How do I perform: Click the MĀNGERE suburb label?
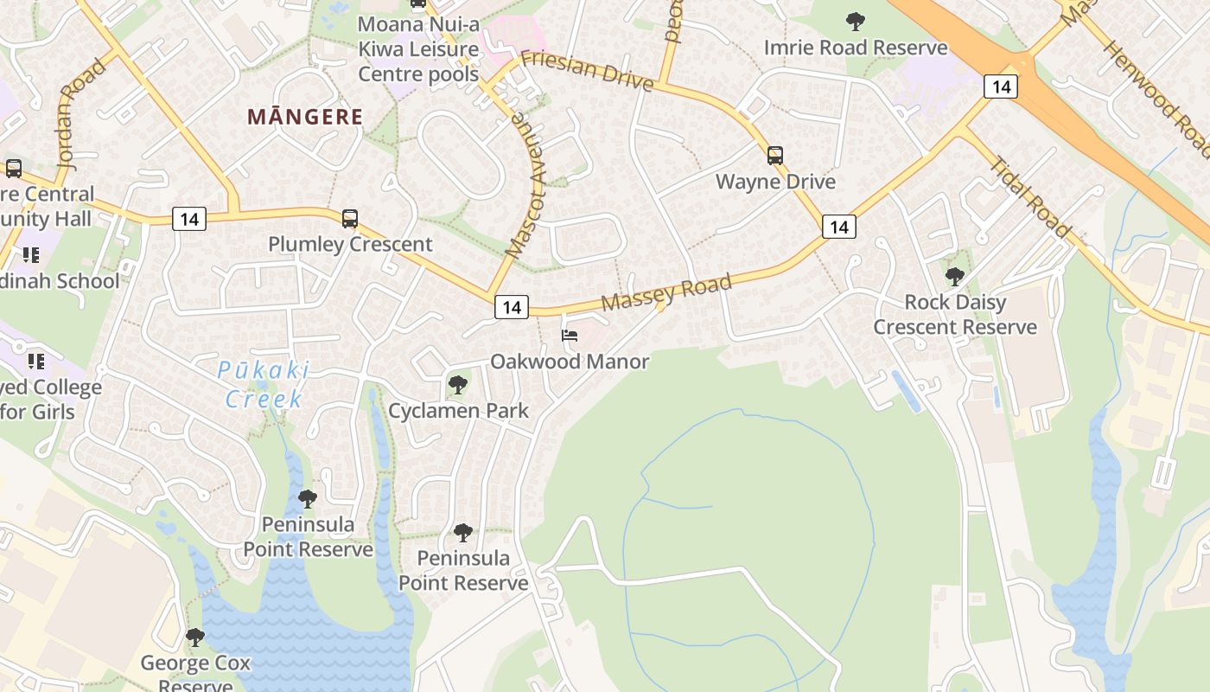[x=305, y=117]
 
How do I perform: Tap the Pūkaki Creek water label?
[x=264, y=385]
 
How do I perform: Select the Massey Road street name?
[x=666, y=292]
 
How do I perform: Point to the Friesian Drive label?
[x=587, y=70]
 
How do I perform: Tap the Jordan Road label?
[x=81, y=113]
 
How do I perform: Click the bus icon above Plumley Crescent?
[x=349, y=219]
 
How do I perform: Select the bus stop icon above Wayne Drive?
[x=775, y=156]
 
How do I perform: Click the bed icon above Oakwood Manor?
[x=570, y=336]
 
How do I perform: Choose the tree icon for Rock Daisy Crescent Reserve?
[x=955, y=277]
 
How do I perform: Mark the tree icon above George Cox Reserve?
[x=195, y=638]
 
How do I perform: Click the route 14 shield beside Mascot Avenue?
[x=512, y=306]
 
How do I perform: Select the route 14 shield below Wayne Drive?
[x=838, y=227]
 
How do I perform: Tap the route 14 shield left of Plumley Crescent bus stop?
[x=188, y=219]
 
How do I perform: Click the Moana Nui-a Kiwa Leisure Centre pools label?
[x=419, y=49]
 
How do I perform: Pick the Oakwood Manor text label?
[x=570, y=362]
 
